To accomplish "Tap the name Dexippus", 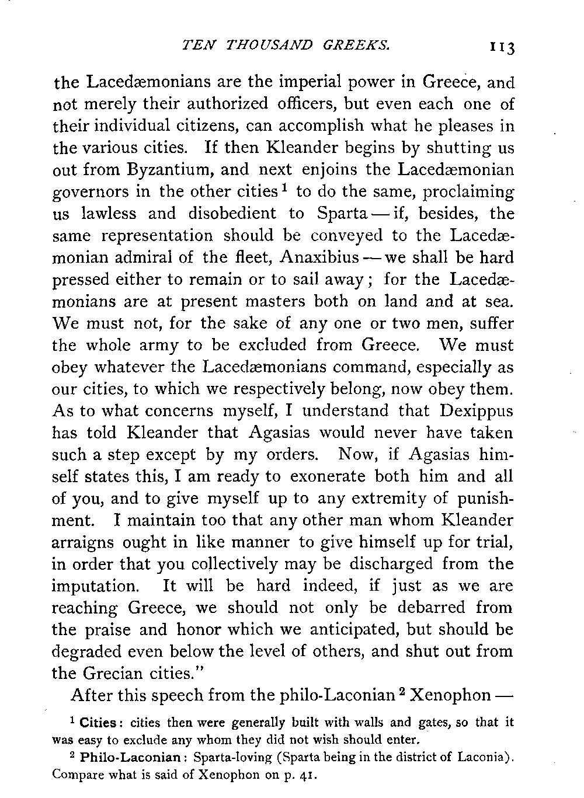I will (476, 411).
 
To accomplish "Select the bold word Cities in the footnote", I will (98, 723).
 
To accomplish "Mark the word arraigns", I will (84, 543).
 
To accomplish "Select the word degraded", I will (88, 652).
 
